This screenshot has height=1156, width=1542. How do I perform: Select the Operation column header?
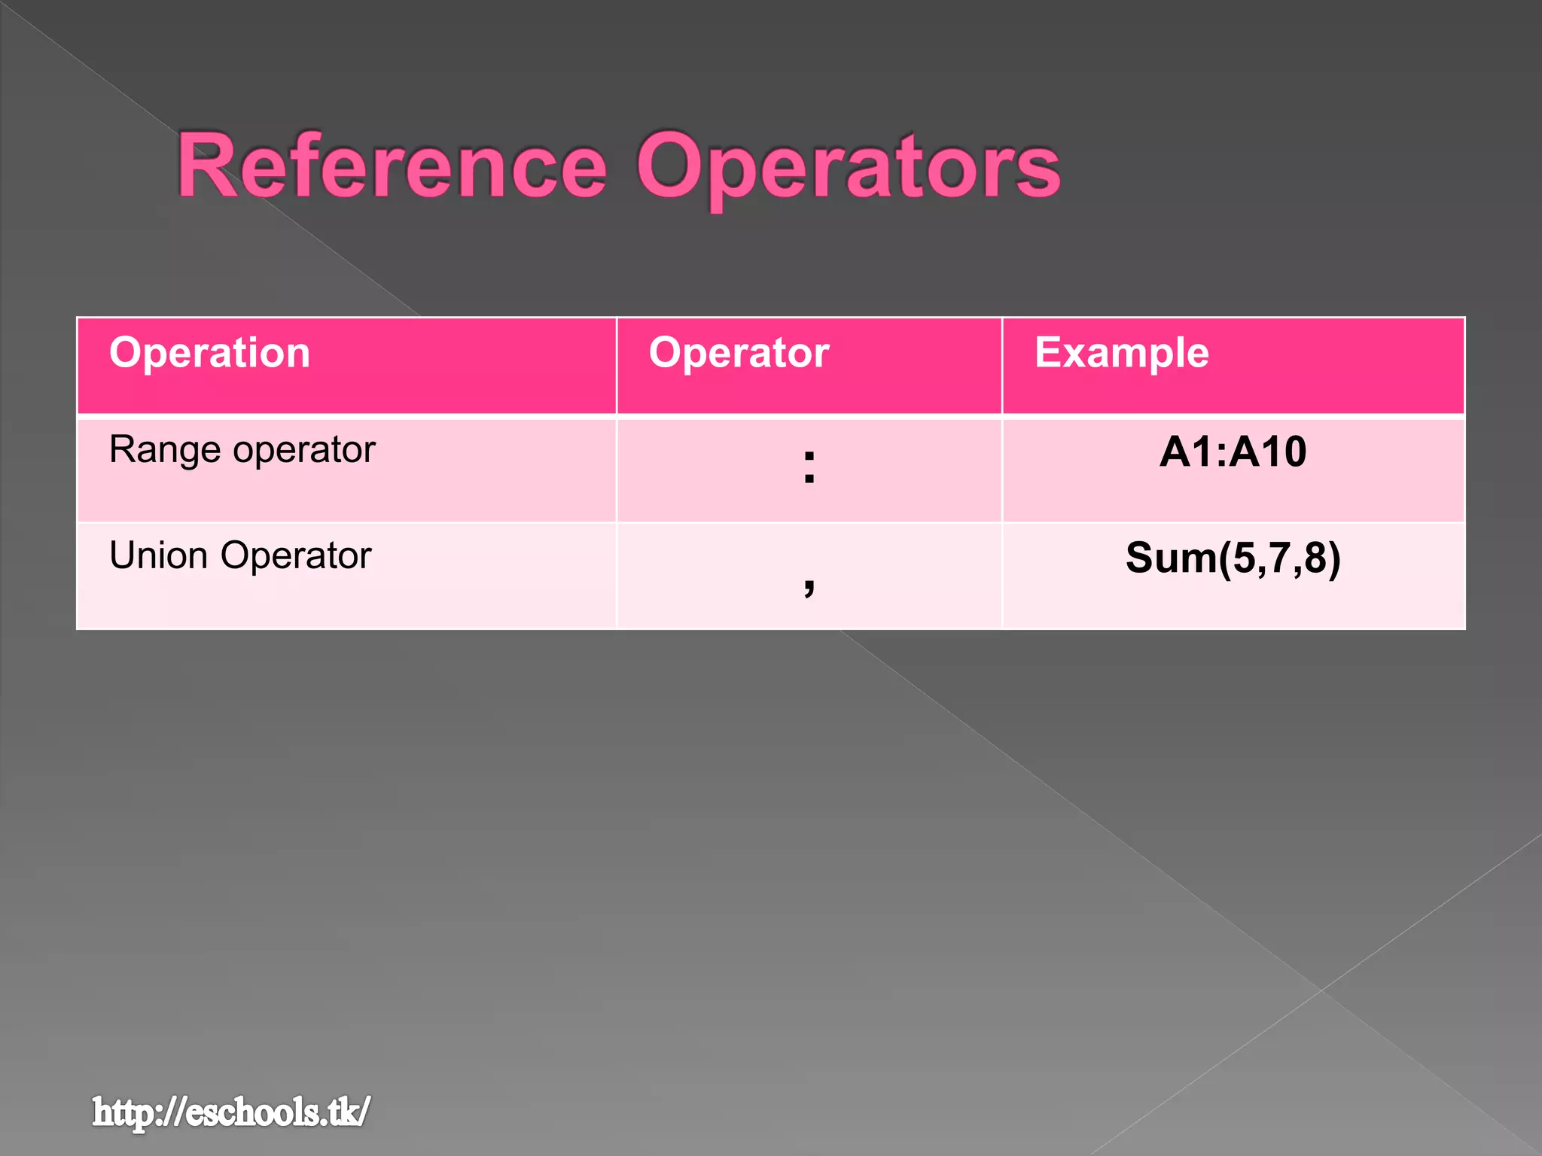click(209, 353)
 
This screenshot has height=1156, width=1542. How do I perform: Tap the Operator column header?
click(739, 353)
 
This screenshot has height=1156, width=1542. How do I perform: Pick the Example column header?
click(1121, 353)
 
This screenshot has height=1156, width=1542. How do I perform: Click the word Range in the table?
click(164, 451)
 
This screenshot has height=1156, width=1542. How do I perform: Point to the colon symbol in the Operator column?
click(809, 467)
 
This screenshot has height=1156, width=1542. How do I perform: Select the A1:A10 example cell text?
click(1233, 452)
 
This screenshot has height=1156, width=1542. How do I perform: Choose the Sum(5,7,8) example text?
click(1233, 558)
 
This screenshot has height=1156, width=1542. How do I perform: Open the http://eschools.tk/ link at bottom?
click(231, 1112)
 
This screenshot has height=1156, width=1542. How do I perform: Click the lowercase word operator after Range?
click(304, 451)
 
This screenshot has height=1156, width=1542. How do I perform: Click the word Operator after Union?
click(296, 556)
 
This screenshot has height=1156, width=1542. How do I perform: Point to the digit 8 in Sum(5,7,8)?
click(1315, 558)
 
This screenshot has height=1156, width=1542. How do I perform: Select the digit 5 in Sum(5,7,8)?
click(1243, 558)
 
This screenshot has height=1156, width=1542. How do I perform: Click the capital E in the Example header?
click(1049, 352)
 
